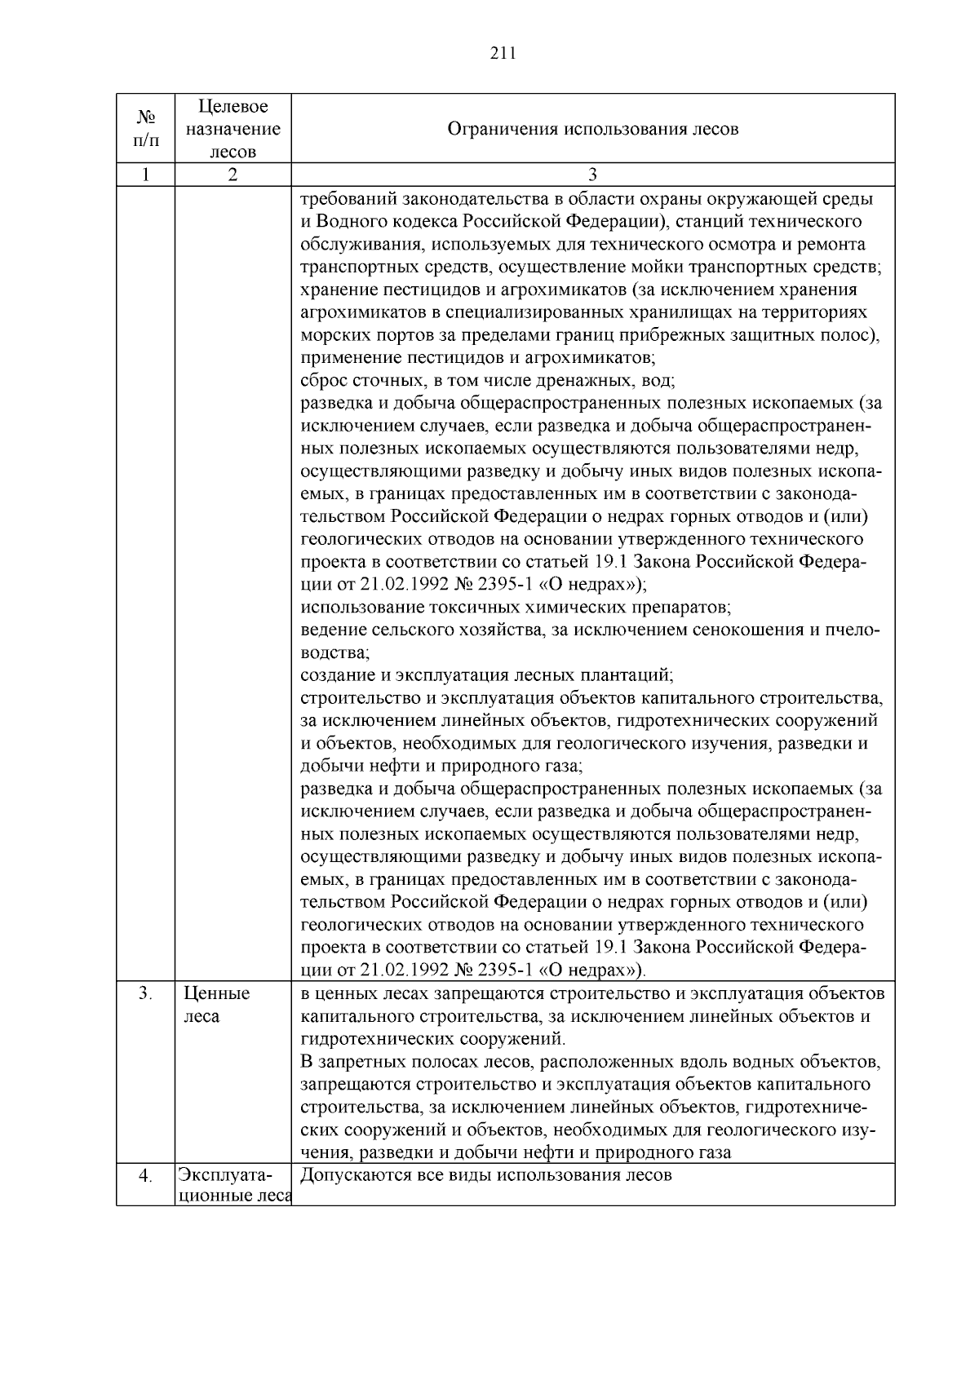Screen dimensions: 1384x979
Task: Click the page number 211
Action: (503, 55)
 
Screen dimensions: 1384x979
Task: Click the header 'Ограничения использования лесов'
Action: (593, 129)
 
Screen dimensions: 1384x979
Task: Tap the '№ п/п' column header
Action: (145, 129)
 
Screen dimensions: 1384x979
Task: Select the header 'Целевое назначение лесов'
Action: (233, 129)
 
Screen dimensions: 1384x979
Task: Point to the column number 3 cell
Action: (593, 175)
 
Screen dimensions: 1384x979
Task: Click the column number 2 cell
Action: (233, 175)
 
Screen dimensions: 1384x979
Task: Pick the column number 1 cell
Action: (145, 175)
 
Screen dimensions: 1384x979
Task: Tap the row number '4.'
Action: (145, 1176)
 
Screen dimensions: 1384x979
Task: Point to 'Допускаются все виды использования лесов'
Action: (486, 1176)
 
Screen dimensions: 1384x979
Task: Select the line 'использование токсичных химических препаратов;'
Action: (516, 608)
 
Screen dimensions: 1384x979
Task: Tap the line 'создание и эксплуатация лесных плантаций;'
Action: (487, 676)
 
